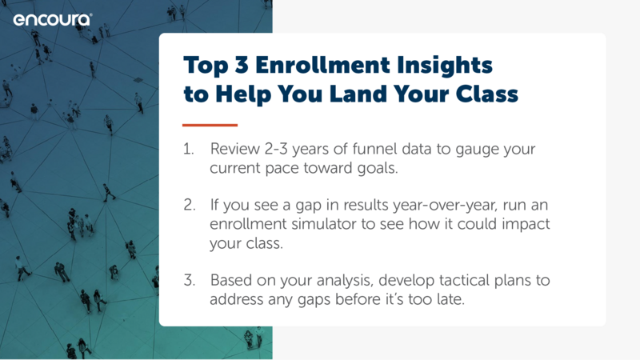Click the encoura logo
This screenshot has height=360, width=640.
tap(53, 20)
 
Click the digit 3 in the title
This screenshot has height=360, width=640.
tap(242, 65)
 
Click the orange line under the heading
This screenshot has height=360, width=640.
tap(210, 125)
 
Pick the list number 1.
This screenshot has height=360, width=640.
tap(188, 149)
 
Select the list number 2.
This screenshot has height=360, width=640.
tap(190, 205)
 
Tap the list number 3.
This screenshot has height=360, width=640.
tap(190, 281)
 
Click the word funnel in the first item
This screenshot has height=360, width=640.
tap(374, 149)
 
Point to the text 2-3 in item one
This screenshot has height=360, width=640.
tap(276, 149)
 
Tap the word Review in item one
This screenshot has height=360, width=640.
tap(234, 149)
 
